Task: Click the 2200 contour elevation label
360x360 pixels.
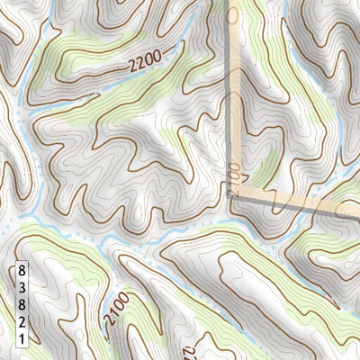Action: [x=144, y=63]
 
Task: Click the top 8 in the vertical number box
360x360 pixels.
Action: [x=22, y=270]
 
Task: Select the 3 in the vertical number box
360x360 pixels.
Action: [x=22, y=287]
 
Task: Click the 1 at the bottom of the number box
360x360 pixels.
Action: [x=22, y=338]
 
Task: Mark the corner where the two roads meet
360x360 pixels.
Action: [x=231, y=193]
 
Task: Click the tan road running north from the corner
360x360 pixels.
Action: [x=233, y=90]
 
